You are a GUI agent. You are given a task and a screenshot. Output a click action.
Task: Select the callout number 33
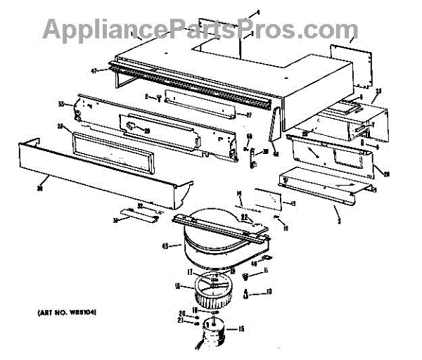[x=61, y=104]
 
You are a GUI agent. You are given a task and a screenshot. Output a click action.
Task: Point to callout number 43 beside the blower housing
[x=166, y=246]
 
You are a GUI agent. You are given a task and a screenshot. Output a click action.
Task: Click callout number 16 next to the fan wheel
[x=178, y=286]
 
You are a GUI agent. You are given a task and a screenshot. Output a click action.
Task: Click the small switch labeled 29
[x=133, y=126]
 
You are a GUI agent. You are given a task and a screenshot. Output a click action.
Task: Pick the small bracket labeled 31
[x=139, y=213]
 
